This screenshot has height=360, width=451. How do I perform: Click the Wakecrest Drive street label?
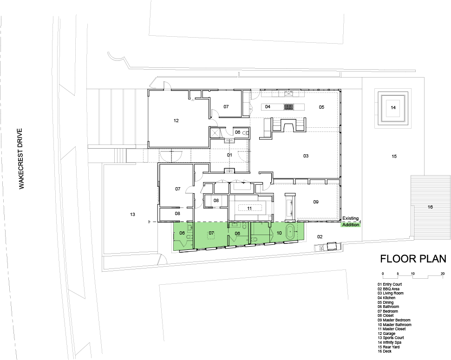point(21,159)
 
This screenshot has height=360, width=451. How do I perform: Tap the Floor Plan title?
point(413,259)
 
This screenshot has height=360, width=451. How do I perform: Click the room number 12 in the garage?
point(176,121)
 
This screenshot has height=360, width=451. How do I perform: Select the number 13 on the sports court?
point(132,215)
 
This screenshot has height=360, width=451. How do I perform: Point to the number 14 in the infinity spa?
point(393,108)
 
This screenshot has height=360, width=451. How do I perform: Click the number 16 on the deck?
point(430,207)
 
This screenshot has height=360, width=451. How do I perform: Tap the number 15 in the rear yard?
point(394,156)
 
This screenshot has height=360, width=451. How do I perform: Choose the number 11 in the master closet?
point(249,209)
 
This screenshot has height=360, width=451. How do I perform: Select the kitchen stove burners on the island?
point(288,107)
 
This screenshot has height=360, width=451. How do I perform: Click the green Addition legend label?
point(351,225)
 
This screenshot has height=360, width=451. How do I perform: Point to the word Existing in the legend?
point(350,218)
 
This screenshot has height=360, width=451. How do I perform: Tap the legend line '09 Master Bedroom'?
point(394,320)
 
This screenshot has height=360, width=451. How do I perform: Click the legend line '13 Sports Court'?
point(391,338)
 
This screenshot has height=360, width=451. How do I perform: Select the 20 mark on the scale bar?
point(443,274)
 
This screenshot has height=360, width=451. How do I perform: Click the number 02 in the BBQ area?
point(320,237)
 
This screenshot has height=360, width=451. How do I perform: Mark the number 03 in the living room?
point(306,156)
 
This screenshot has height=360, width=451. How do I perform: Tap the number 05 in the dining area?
point(321,107)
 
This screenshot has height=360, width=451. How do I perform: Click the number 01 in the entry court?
point(229,155)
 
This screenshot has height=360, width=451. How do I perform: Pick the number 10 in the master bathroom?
point(279,233)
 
